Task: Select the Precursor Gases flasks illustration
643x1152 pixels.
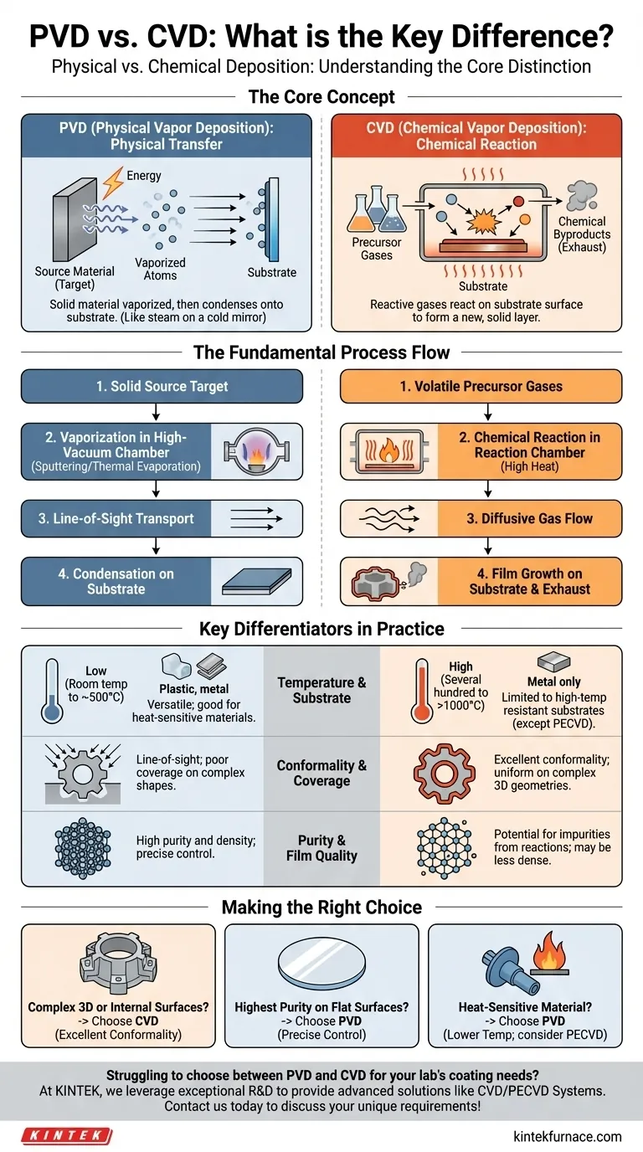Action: point(376,208)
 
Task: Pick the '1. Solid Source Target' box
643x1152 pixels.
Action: point(162,386)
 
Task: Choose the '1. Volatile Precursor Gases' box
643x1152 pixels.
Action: point(481,386)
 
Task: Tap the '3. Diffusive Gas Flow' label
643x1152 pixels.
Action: point(529,518)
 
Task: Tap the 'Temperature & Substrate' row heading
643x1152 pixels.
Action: point(321,690)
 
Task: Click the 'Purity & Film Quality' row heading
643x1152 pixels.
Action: point(321,847)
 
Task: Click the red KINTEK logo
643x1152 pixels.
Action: point(66,1135)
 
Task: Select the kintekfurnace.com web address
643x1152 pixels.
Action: point(567,1135)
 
